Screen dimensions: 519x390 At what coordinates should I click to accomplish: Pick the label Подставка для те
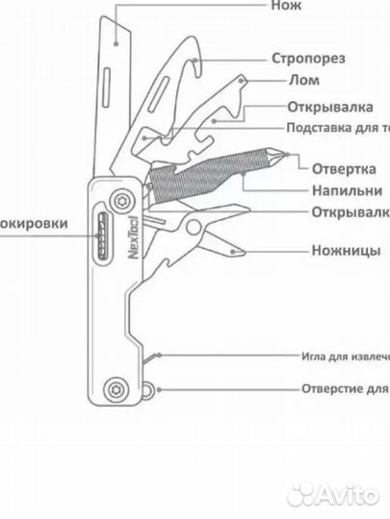pos(337,128)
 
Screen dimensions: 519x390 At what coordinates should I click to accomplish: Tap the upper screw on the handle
pos(123,200)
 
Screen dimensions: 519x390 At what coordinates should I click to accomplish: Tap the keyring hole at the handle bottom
pos(147,389)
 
